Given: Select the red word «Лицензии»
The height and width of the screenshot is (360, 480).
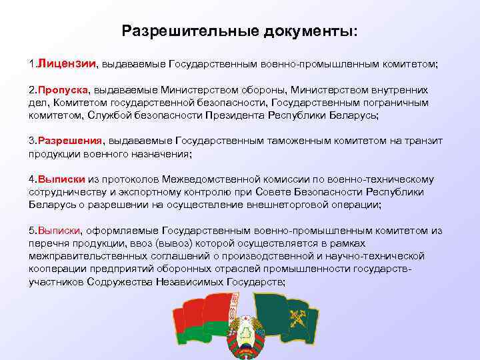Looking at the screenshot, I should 67,65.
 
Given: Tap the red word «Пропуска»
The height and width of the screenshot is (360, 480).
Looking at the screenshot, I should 63,89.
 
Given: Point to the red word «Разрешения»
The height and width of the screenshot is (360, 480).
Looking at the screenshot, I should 69,141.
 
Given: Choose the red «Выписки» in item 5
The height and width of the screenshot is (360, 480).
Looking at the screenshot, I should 60,231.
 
